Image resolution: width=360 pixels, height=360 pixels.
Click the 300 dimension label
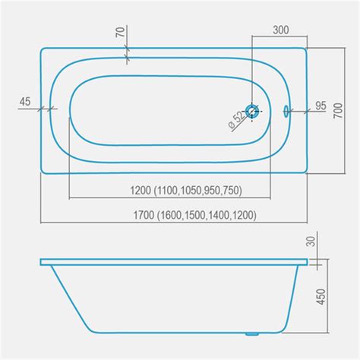[281, 30]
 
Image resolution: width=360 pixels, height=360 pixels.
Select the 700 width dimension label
[338, 111]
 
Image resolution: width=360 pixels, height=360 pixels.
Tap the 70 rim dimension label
[121, 32]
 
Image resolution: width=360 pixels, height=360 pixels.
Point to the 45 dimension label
[25, 102]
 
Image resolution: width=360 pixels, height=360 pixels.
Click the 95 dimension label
[321, 106]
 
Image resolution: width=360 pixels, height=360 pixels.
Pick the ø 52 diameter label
[237, 121]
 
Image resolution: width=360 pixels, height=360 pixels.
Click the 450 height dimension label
[321, 296]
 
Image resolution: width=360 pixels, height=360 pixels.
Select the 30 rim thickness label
[311, 242]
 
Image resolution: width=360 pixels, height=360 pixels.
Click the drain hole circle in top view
[252, 112]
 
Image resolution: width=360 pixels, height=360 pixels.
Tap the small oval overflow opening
[286, 111]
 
